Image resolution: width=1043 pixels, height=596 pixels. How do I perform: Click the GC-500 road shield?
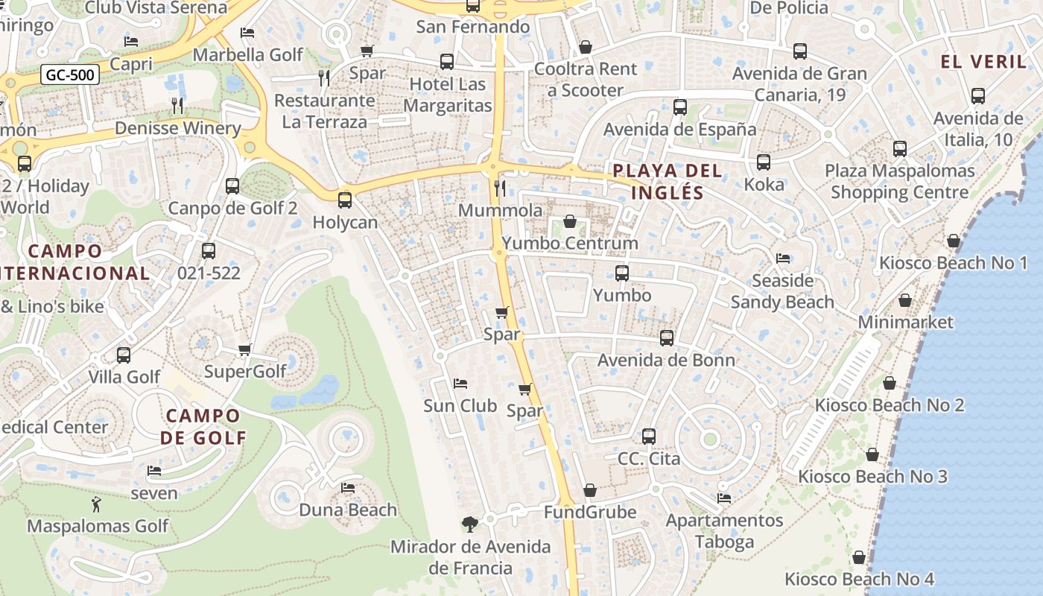pyautogui.click(x=69, y=74)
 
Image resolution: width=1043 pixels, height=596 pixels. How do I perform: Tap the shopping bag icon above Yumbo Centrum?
pyautogui.click(x=570, y=221)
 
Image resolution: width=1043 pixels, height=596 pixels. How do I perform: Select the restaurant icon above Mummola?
pyautogui.click(x=501, y=188)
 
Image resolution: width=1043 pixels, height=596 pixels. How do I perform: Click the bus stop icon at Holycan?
pyautogui.click(x=344, y=200)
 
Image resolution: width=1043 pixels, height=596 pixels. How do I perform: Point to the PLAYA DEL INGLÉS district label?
pyautogui.click(x=668, y=182)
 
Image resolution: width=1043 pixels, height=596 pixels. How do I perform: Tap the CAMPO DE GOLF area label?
pyautogui.click(x=203, y=426)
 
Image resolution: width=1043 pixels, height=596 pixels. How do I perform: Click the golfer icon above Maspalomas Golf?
pyautogui.click(x=96, y=504)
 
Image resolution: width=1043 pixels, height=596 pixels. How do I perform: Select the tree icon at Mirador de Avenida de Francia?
pyautogui.click(x=469, y=524)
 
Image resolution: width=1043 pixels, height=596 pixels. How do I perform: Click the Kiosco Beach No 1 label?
pyautogui.click(x=953, y=263)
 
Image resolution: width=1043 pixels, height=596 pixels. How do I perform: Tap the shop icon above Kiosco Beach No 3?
pyautogui.click(x=872, y=454)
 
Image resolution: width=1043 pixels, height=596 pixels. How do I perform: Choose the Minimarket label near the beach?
pyautogui.click(x=905, y=322)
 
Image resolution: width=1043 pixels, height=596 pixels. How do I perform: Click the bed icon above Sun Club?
pyautogui.click(x=460, y=384)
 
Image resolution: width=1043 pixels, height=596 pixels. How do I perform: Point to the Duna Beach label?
pyautogui.click(x=348, y=510)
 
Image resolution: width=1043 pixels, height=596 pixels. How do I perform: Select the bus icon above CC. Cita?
pyautogui.click(x=649, y=436)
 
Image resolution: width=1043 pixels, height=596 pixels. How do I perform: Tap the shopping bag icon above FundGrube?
pyautogui.click(x=590, y=490)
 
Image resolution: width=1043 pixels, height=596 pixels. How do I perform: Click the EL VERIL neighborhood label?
pyautogui.click(x=983, y=61)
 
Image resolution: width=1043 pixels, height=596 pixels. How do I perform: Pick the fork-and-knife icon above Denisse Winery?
pyautogui.click(x=177, y=105)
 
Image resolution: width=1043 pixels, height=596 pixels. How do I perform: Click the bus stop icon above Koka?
pyautogui.click(x=764, y=162)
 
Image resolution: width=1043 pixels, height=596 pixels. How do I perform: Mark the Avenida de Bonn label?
pyautogui.click(x=666, y=360)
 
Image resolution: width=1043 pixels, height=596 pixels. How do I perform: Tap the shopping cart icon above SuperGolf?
pyautogui.click(x=244, y=349)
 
